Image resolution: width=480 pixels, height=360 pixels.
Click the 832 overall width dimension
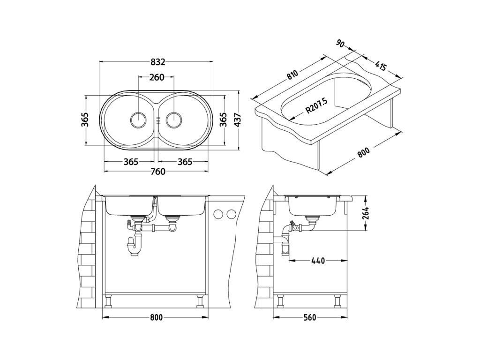coord(158,62)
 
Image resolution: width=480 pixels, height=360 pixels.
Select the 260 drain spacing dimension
coord(157,77)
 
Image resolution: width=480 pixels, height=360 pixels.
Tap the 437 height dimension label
coord(238,120)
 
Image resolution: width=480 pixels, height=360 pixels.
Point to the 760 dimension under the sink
coord(157,172)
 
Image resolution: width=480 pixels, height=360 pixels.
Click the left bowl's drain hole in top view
coord(138,120)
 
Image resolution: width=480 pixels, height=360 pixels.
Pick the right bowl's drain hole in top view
coord(174,120)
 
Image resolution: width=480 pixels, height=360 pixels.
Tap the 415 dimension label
coord(381,66)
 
